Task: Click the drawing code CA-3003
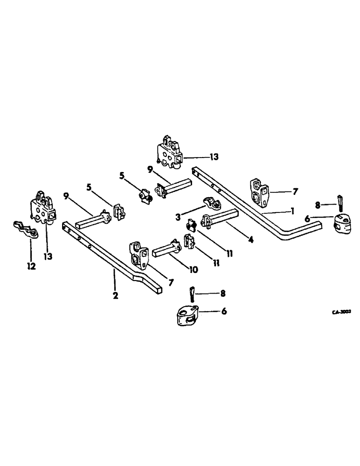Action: [341, 313]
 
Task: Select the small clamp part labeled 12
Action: [23, 230]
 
